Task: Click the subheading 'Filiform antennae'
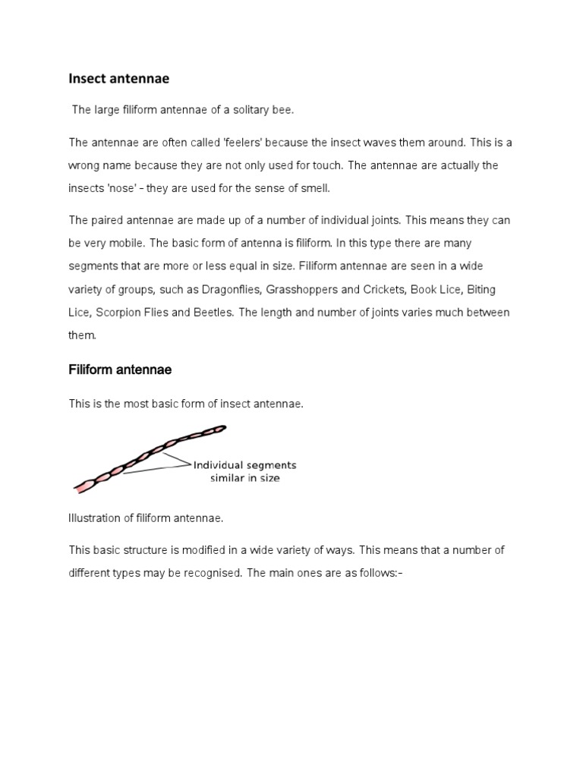click(x=120, y=370)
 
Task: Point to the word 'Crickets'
click(x=383, y=289)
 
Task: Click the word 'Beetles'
click(x=213, y=313)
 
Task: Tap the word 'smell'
click(x=315, y=188)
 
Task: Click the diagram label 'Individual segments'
click(x=244, y=465)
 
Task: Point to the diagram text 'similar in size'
click(x=244, y=479)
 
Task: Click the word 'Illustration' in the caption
click(x=94, y=518)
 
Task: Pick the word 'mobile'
click(x=127, y=243)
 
